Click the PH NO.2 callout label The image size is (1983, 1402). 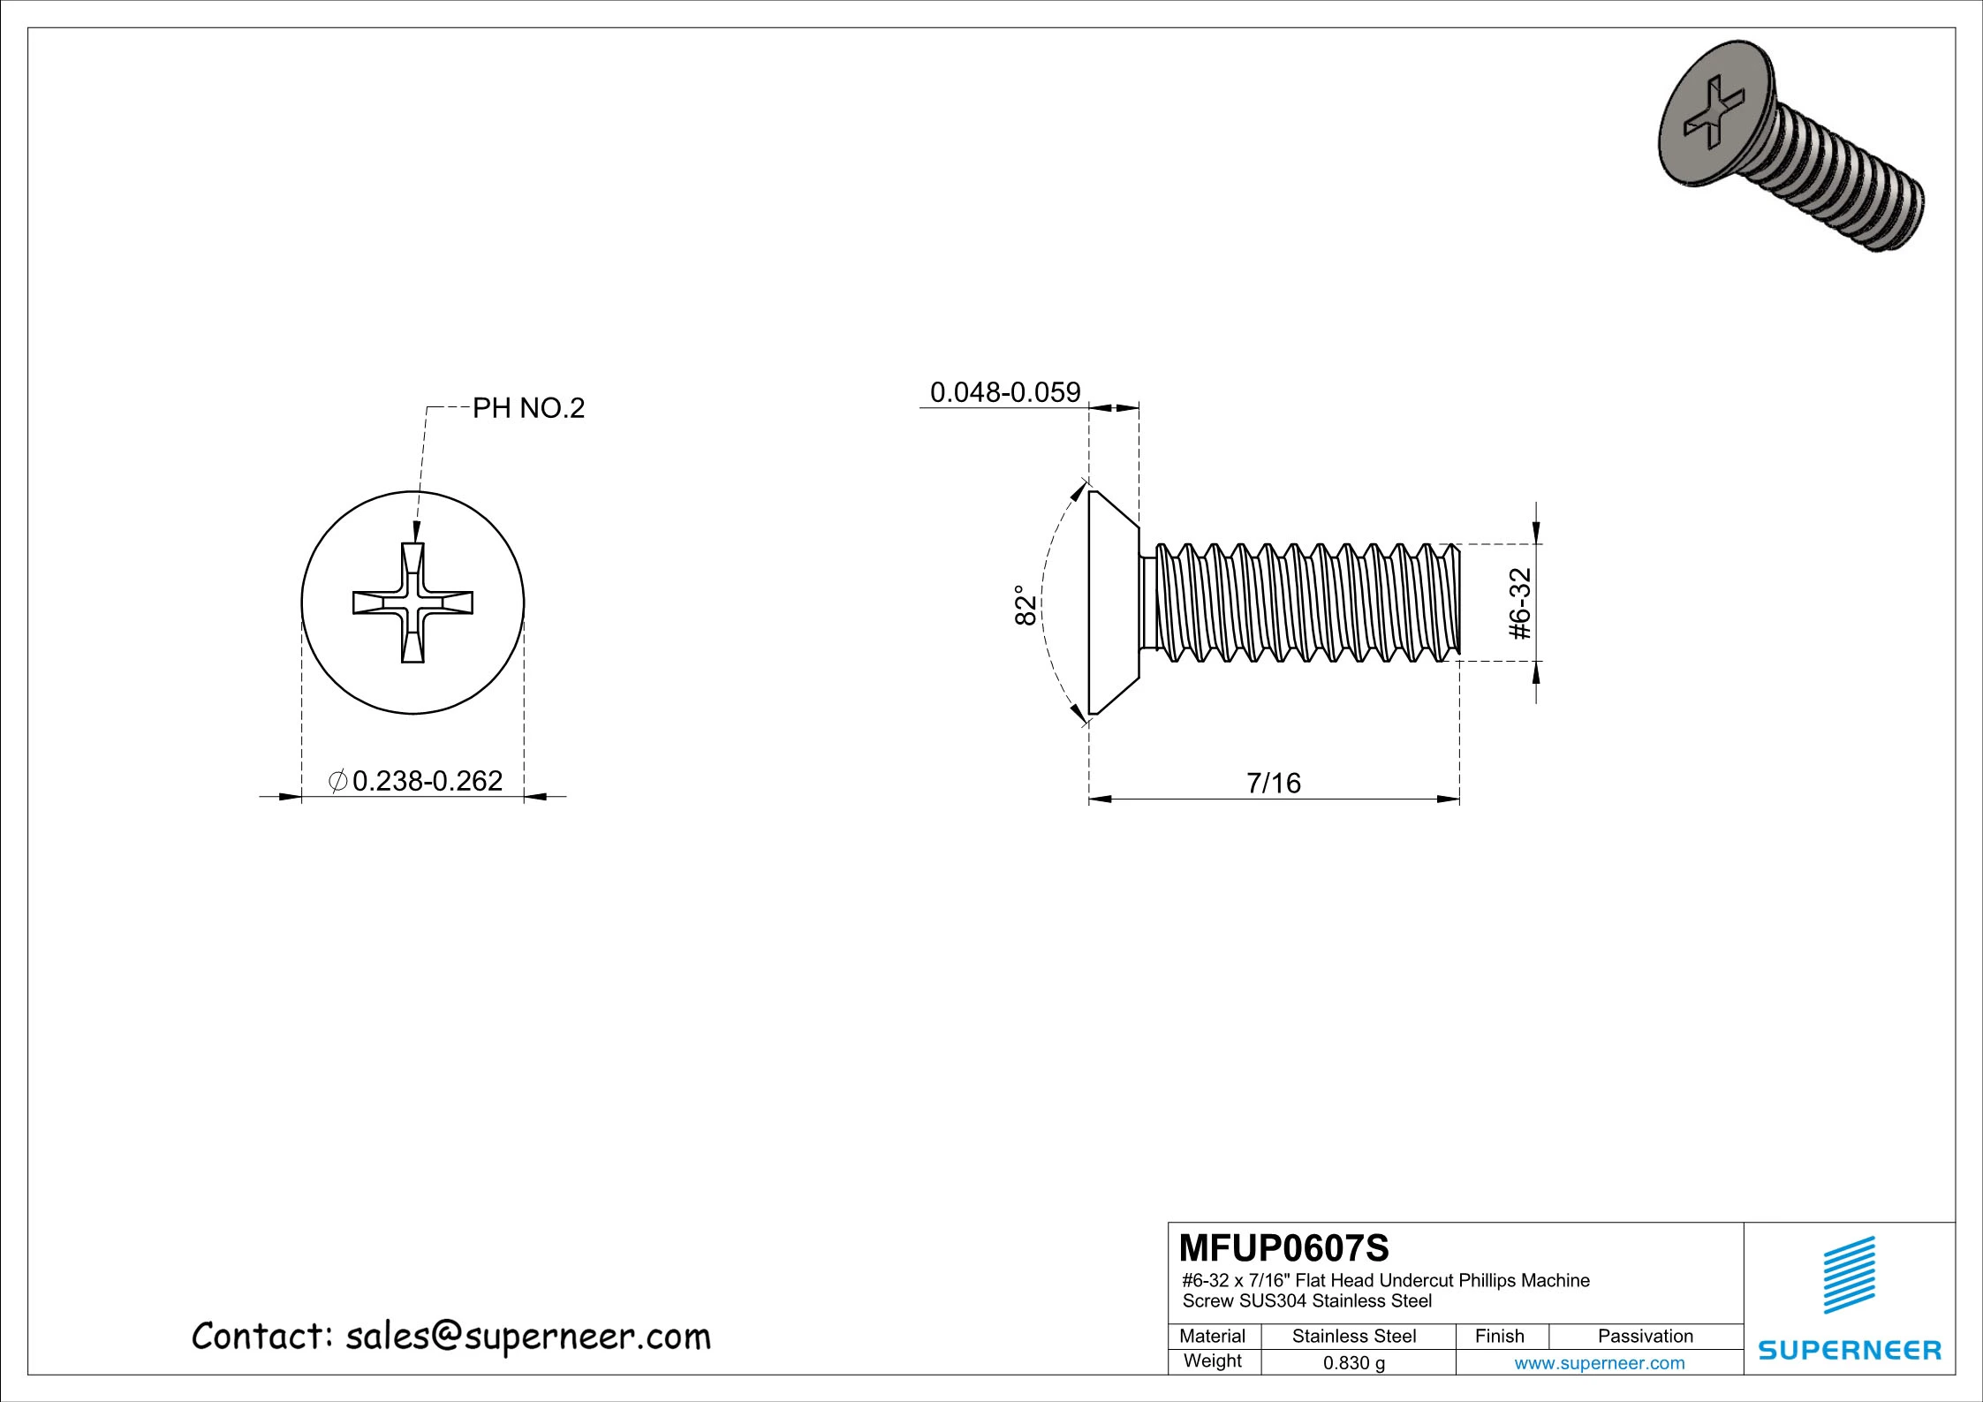tap(528, 408)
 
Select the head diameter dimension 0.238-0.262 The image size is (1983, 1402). tap(427, 781)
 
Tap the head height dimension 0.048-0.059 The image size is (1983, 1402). tap(1005, 392)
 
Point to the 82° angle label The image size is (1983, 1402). tap(1025, 605)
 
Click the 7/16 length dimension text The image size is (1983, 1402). tap(1274, 783)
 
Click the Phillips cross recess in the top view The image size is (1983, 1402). tap(412, 602)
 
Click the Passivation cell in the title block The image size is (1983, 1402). tap(1645, 1336)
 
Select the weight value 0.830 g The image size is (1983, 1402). tap(1353, 1363)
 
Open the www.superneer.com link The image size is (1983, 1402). tap(1599, 1363)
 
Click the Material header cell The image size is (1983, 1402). tap(1212, 1336)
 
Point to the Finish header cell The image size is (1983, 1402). tap(1499, 1336)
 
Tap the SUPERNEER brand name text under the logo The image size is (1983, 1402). tap(1850, 1350)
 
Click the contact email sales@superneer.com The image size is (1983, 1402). tap(527, 1336)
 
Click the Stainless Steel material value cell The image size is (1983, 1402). tap(1353, 1336)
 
